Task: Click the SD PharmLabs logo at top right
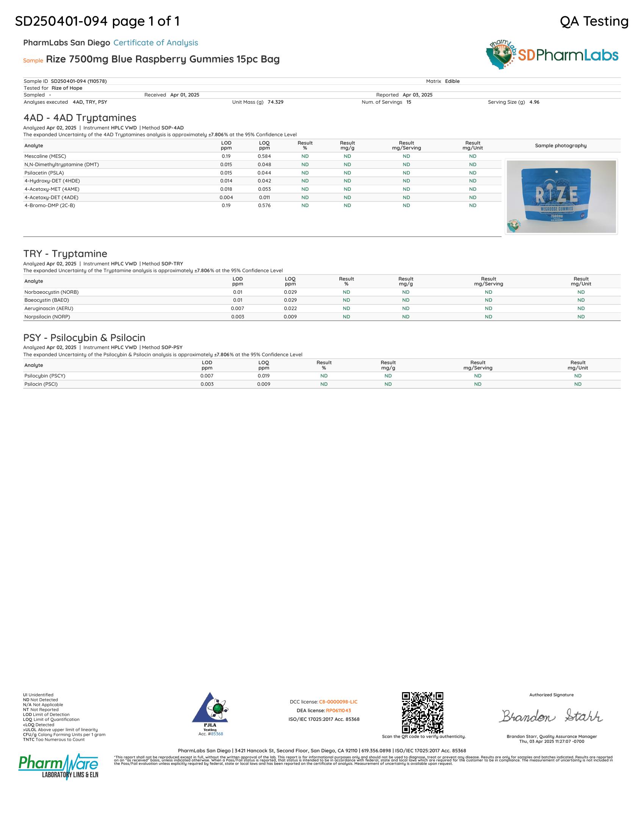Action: [552, 55]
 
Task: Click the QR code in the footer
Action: [423, 713]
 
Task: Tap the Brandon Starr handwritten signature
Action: [551, 716]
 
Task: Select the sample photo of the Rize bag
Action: [561, 197]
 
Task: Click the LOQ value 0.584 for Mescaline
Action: [264, 156]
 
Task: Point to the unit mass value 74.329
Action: [275, 102]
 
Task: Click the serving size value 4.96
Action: [534, 102]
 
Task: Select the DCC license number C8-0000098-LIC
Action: [338, 702]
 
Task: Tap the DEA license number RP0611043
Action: [338, 711]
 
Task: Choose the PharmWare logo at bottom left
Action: [58, 767]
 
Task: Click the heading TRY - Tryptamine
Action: [65, 254]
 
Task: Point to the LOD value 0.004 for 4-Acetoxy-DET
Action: [226, 198]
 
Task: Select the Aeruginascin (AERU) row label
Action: [49, 309]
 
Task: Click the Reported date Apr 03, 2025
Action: [417, 95]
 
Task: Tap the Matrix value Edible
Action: [452, 81]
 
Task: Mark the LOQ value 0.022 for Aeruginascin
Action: [290, 309]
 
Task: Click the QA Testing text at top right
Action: [594, 21]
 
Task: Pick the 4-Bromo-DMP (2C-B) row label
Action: [50, 206]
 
